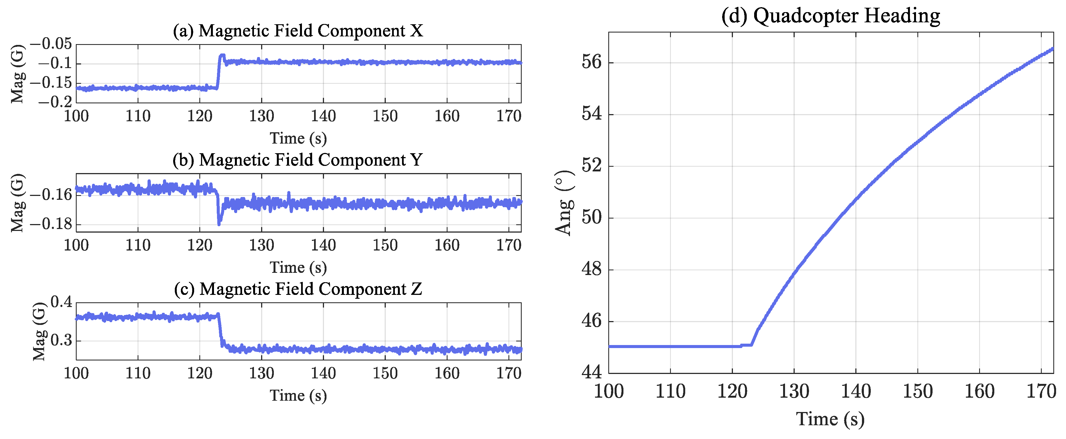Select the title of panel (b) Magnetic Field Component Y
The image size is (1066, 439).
click(298, 160)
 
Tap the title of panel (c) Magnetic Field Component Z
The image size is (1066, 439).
click(298, 289)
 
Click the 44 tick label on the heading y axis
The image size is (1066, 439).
click(591, 372)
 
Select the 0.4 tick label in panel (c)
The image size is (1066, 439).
click(61, 302)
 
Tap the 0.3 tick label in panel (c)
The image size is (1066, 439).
click(61, 341)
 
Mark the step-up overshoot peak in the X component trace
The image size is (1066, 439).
click(223, 55)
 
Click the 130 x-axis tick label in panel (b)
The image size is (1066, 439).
click(261, 245)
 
